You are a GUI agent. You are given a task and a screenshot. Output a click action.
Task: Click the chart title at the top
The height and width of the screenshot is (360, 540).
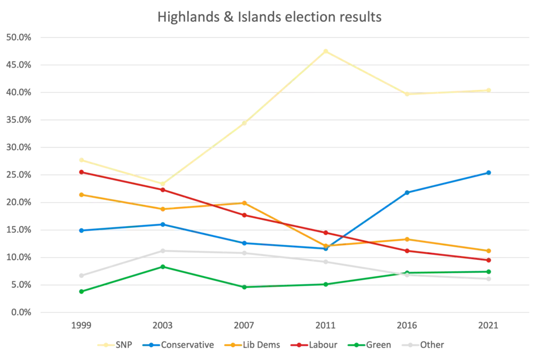coord(270,17)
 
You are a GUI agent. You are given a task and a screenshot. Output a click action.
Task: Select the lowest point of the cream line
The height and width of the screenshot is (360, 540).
coord(163,183)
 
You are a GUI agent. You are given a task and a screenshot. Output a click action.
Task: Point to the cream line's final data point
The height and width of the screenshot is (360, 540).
coord(489,89)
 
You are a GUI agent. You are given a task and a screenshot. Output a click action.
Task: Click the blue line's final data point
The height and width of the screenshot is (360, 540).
coord(489,172)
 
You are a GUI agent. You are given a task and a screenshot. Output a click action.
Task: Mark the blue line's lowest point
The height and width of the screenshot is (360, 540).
coord(328,248)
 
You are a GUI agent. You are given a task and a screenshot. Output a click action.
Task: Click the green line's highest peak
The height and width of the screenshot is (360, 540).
coord(163,265)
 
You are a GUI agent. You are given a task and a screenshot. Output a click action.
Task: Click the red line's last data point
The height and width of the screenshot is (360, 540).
coord(489,260)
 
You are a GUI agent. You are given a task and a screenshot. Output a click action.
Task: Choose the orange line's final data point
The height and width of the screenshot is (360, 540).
coord(489,251)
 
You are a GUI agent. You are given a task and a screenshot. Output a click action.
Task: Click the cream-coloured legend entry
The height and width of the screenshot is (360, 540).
coord(115,344)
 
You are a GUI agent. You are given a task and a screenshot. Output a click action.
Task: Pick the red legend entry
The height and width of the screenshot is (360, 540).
coord(312,344)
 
